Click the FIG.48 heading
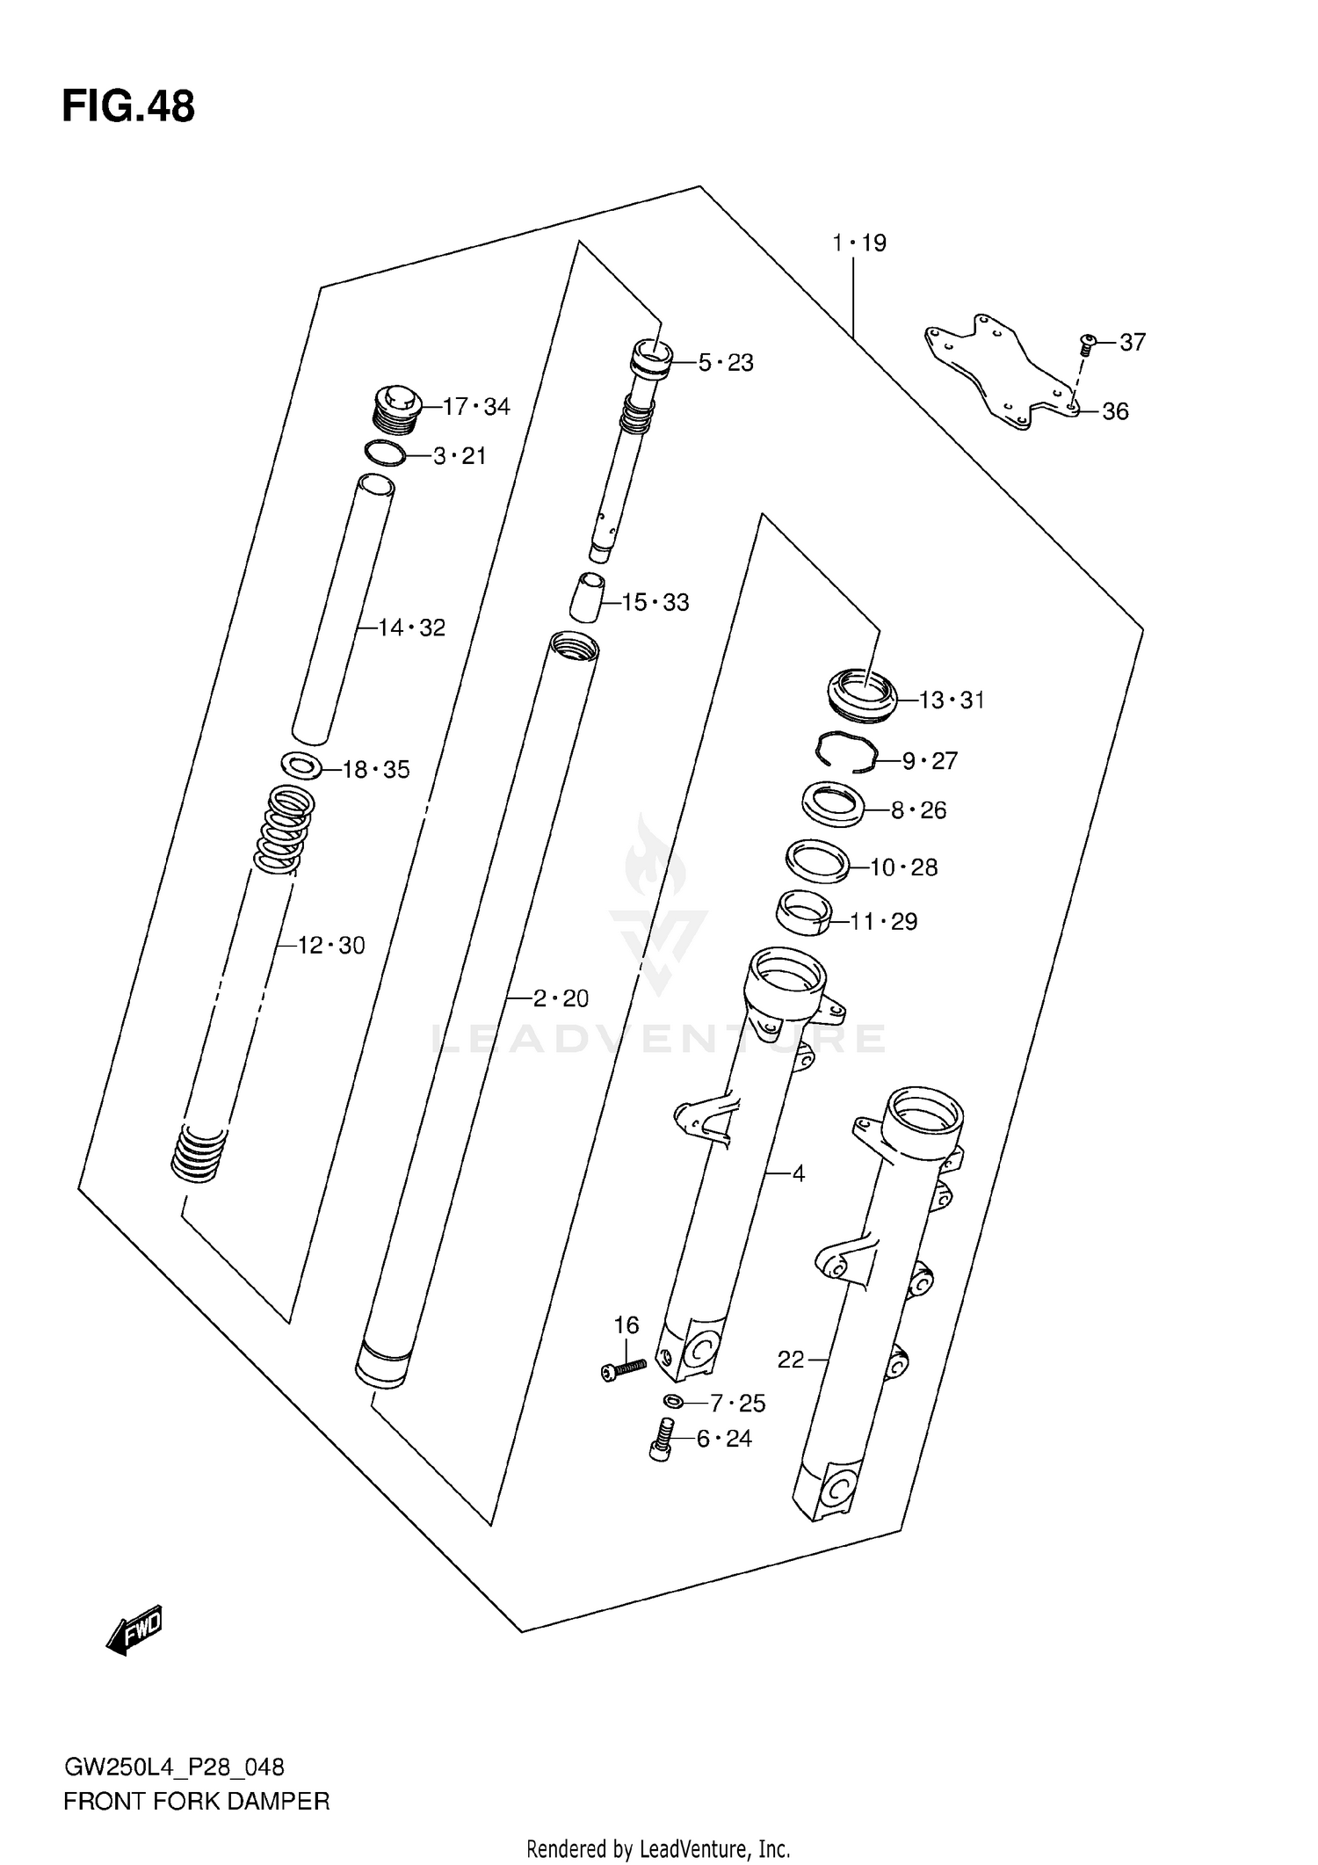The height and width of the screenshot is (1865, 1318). click(128, 107)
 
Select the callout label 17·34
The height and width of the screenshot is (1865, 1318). click(475, 407)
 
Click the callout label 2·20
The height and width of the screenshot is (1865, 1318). click(561, 998)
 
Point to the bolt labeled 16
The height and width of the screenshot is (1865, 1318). click(624, 1368)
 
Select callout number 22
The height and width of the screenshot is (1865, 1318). click(790, 1361)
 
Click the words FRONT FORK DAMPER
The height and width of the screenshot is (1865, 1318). click(196, 1802)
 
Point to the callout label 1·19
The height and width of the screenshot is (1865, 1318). click(859, 243)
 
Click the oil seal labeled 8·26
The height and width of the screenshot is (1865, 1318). click(832, 804)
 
